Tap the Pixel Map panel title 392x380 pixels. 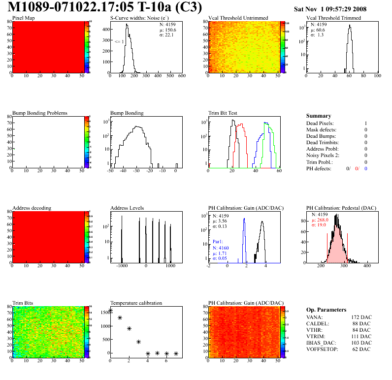click(x=24, y=18)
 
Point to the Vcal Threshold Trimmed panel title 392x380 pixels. click(x=333, y=18)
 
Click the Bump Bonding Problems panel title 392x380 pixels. click(x=40, y=113)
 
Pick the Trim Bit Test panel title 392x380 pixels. click(x=223, y=113)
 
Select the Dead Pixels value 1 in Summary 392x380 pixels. click(x=366, y=124)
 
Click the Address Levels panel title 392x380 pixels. click(x=128, y=208)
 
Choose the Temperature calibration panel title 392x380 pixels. click(x=136, y=303)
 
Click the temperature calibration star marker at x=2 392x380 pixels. click(x=129, y=328)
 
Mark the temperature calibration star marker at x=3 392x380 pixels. click(x=138, y=342)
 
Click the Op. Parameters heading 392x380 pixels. click(x=326, y=310)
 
